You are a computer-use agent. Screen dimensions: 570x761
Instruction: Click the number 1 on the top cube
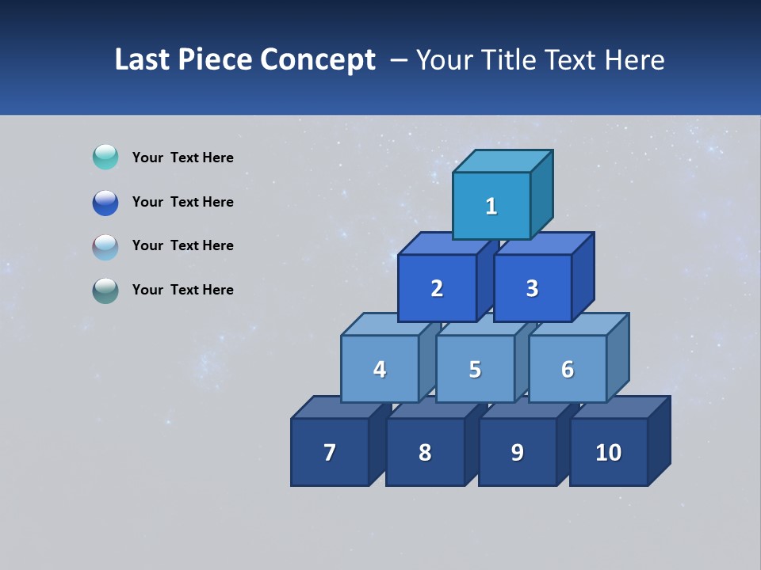[x=491, y=207]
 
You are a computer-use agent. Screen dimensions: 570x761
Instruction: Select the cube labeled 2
[x=437, y=288]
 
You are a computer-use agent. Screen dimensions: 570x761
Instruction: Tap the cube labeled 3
[x=532, y=288]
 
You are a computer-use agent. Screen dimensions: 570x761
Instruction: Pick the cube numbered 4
[x=380, y=369]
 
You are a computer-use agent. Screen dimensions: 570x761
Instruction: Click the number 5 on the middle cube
[x=475, y=370]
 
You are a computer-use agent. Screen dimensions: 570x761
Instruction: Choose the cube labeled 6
[x=568, y=369]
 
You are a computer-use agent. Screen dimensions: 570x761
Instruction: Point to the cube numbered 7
[x=330, y=452]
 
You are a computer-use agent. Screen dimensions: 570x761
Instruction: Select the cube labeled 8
[x=425, y=452]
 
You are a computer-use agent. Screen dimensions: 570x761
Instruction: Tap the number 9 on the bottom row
[x=517, y=452]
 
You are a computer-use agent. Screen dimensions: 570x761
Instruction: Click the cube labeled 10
[x=609, y=452]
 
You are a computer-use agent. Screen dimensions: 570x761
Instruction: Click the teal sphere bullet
[x=105, y=157]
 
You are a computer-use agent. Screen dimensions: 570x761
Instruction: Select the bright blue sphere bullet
[x=105, y=202]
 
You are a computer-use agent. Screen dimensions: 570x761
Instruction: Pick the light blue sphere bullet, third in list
[x=105, y=246]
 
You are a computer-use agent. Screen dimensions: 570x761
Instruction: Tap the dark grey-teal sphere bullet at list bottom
[x=105, y=291]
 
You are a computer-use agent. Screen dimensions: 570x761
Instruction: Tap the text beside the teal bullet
[x=182, y=158]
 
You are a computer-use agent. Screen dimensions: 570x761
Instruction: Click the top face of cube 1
[x=503, y=161]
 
